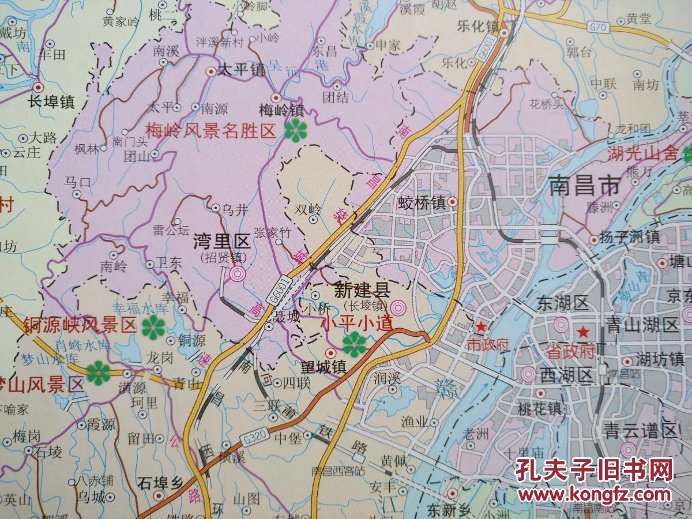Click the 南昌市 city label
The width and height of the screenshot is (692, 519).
(x=584, y=186)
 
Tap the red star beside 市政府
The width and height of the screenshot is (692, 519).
(x=479, y=326)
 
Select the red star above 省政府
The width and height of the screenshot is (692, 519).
(x=583, y=333)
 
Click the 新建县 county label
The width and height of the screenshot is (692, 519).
(x=364, y=290)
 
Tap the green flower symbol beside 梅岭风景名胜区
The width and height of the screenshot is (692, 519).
(x=295, y=131)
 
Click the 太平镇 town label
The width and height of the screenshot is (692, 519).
(x=242, y=72)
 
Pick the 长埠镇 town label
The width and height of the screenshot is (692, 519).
(x=51, y=102)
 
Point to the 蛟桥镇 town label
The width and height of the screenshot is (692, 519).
(x=422, y=203)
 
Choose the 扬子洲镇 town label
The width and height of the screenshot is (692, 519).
(x=632, y=238)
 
